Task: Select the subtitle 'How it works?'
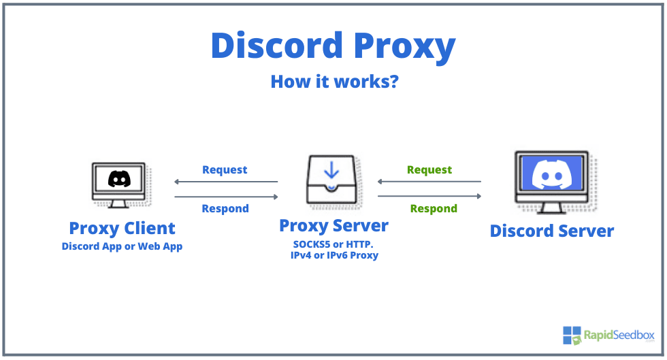pos(334,82)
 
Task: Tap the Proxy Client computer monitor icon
pos(118,184)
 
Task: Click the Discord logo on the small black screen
pos(118,179)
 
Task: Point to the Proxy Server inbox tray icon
pos(331,182)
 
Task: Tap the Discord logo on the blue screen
pos(551,174)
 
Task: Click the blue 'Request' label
pos(225,169)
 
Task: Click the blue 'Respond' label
pos(225,208)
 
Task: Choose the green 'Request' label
pos(429,169)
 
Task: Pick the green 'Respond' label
pos(434,208)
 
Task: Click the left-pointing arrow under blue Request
pos(226,182)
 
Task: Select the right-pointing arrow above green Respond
pos(429,196)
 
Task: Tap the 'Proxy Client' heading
pos(122,228)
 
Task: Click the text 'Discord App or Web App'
pos(122,246)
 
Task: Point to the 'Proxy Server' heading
pos(333,225)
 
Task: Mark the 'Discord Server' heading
pos(551,231)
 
